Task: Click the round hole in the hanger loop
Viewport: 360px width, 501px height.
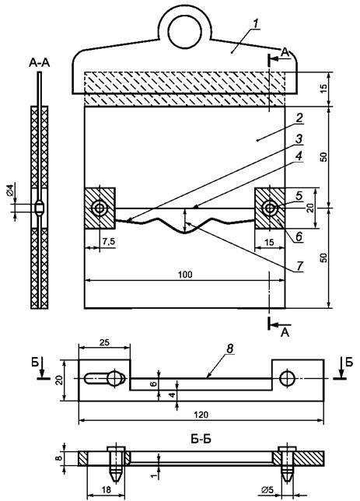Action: point(184,31)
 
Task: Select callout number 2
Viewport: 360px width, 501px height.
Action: point(299,118)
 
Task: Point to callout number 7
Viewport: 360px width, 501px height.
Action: point(299,266)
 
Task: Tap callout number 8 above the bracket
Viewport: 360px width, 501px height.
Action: point(231,349)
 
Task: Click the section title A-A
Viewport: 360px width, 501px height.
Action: point(40,63)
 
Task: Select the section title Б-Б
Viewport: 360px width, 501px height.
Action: point(201,439)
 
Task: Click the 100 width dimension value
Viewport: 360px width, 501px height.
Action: point(185,275)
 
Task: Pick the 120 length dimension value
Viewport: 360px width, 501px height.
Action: point(201,415)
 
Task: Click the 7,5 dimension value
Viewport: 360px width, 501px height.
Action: point(109,242)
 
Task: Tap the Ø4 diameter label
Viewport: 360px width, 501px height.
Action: point(10,190)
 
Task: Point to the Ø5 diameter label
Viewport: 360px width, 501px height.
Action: point(267,489)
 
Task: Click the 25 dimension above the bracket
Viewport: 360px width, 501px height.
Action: point(104,342)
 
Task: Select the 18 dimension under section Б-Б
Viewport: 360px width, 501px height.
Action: point(107,490)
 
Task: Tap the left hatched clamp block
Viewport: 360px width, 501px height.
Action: point(100,208)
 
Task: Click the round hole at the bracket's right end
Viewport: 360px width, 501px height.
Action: point(287,378)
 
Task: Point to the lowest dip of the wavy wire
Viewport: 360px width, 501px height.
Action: point(184,233)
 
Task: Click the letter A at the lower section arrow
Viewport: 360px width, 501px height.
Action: point(285,333)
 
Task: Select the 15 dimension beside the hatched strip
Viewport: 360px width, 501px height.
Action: point(323,89)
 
